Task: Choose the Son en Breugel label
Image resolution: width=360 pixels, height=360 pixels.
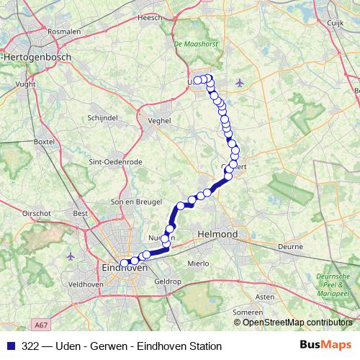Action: [132, 202]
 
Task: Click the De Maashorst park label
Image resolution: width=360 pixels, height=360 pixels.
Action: [191, 45]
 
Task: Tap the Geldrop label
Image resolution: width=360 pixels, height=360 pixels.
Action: [168, 282]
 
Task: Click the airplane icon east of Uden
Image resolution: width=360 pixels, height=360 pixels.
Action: [240, 81]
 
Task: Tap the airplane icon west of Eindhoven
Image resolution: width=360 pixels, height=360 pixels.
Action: [70, 256]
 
